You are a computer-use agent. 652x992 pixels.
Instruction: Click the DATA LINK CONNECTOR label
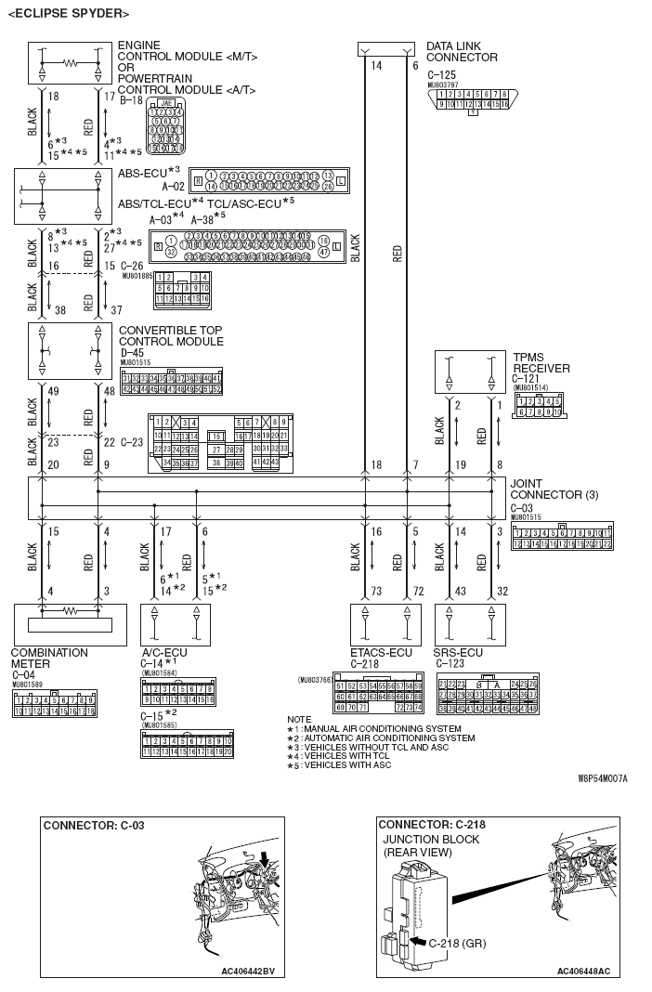(462, 51)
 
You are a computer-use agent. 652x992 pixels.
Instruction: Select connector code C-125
(442, 74)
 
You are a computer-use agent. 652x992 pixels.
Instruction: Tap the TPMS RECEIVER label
(541, 362)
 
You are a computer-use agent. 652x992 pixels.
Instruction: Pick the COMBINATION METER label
(49, 658)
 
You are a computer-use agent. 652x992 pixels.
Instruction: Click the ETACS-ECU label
(381, 652)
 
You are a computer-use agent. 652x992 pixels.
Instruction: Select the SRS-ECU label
(458, 652)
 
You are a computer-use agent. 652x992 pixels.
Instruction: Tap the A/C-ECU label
(165, 652)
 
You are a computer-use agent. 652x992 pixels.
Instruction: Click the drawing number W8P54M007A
(602, 778)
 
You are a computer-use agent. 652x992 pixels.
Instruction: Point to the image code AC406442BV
(248, 971)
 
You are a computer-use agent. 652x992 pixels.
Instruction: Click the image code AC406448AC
(583, 971)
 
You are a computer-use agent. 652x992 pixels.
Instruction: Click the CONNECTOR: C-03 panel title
(94, 824)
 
